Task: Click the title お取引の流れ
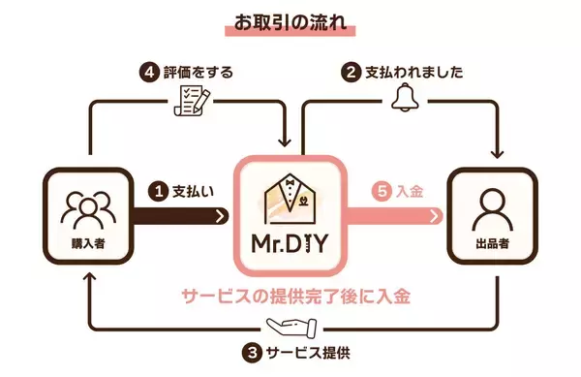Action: tap(290, 20)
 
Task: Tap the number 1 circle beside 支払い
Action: tap(158, 193)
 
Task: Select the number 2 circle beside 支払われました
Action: tap(352, 73)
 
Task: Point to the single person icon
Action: tap(489, 205)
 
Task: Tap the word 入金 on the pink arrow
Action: tap(412, 193)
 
